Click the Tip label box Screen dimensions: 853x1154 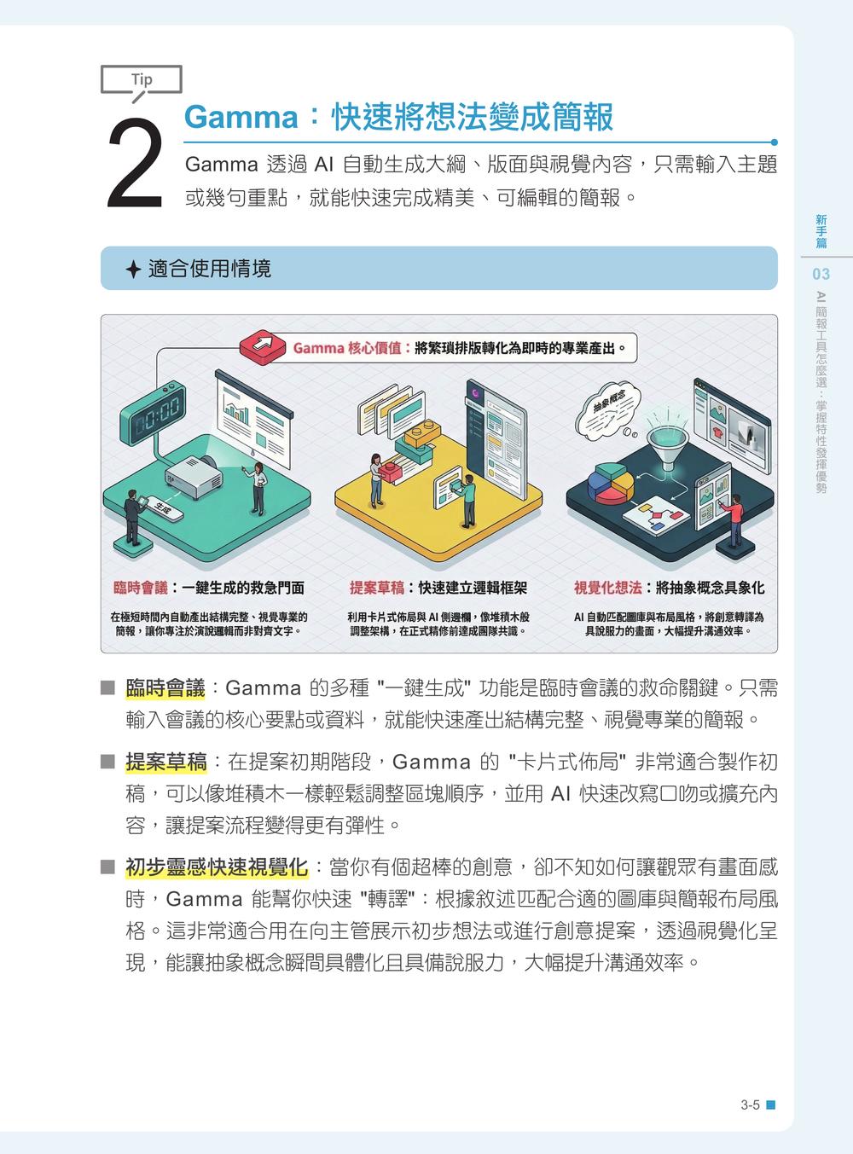click(x=141, y=79)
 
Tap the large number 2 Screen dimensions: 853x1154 click(x=136, y=163)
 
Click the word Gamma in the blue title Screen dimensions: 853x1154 click(x=241, y=117)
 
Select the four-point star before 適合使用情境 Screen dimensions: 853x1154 click(x=133, y=269)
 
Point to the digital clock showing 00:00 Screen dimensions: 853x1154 click(x=153, y=413)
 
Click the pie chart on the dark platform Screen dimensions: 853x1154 click(x=611, y=483)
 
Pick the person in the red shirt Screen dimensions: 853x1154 click(x=734, y=519)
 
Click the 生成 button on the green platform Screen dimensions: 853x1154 click(x=164, y=507)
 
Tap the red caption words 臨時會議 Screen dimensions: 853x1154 click(x=141, y=588)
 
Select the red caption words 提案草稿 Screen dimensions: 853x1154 click(x=377, y=588)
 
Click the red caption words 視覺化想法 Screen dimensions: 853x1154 click(x=608, y=588)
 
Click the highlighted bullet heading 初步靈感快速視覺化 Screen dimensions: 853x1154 click(x=217, y=867)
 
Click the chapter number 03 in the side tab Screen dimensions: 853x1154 click(x=821, y=274)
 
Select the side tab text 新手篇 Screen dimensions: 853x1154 click(x=821, y=231)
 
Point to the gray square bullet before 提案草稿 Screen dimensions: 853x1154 click(x=107, y=763)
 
